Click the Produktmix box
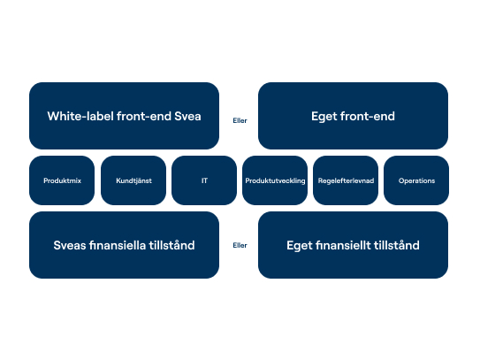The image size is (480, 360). click(62, 180)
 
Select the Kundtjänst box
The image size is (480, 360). click(133, 180)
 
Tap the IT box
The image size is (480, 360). click(204, 180)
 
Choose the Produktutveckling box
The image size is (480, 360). click(275, 180)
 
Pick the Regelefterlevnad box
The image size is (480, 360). click(346, 180)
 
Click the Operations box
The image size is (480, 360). click(416, 180)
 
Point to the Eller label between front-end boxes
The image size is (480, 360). click(240, 120)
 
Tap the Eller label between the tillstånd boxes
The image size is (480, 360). click(240, 245)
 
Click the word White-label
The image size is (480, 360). click(80, 117)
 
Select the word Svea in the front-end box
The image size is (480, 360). click(187, 117)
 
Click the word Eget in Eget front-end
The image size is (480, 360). click(324, 117)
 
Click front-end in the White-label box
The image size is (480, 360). click(144, 117)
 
